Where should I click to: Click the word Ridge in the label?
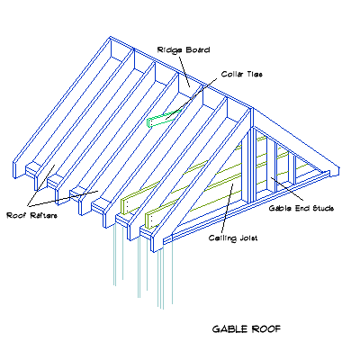point(166,49)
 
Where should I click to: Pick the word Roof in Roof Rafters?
point(15,215)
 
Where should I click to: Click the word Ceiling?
point(221,238)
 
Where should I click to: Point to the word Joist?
point(249,238)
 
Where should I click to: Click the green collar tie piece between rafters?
point(163,117)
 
